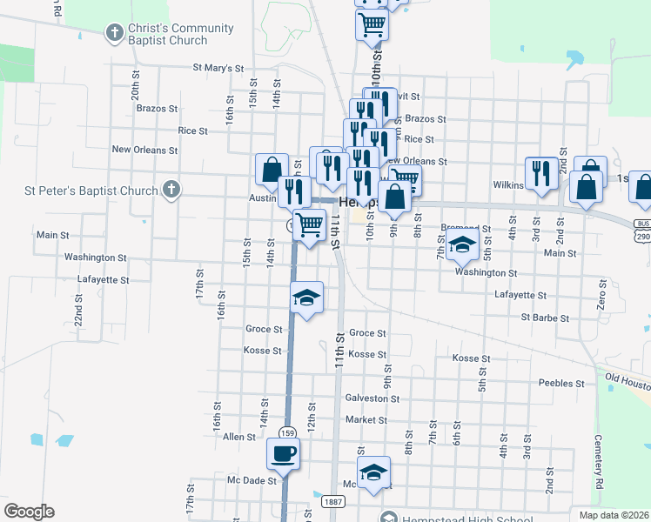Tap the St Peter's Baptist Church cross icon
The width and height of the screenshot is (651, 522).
[x=171, y=190]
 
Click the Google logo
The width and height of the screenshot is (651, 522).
[x=29, y=512]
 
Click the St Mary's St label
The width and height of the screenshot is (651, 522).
[x=218, y=67]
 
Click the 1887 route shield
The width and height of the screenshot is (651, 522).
[x=332, y=502]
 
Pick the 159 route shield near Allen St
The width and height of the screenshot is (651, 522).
[x=286, y=432]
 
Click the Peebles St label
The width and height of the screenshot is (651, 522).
[x=560, y=383]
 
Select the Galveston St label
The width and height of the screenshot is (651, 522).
[x=372, y=398]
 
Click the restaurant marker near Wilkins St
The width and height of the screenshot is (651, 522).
[x=541, y=173]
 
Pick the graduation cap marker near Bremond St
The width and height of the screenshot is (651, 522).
[x=463, y=244]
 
